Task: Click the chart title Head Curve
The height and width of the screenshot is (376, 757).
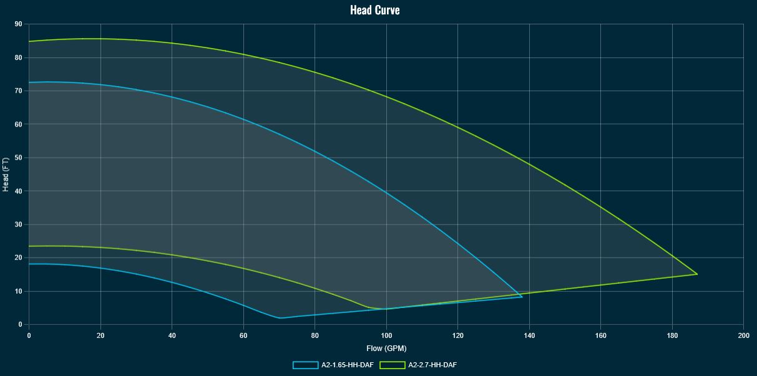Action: pos(375,10)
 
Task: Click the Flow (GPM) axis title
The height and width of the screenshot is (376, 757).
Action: pos(386,349)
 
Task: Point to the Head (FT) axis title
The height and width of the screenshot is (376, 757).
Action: pos(6,175)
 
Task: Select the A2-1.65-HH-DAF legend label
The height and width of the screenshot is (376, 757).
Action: pos(348,365)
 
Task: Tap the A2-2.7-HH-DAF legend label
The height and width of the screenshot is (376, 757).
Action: pos(432,365)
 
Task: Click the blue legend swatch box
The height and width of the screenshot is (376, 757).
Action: pos(306,365)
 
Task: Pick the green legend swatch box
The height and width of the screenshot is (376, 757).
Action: pos(393,365)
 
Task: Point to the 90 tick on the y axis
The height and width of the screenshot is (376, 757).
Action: pos(18,24)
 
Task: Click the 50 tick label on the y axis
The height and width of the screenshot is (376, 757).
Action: pos(18,158)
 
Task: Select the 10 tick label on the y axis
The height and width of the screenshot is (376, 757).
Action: pos(18,291)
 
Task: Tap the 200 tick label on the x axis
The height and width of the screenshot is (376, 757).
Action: pos(743,335)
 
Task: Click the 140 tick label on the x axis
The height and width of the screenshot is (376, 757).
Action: pos(529,335)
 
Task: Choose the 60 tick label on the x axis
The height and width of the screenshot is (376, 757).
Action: pos(243,335)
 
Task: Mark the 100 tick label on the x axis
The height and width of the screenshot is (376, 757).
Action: pos(386,335)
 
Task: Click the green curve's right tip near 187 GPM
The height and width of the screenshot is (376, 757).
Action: pos(697,274)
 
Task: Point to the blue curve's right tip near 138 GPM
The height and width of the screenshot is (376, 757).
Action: pos(522,297)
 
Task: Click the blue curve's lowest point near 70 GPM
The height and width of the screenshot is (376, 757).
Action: pos(280,318)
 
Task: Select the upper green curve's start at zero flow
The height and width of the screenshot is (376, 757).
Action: pos(29,42)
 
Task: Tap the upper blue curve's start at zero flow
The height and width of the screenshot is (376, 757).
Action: pos(29,82)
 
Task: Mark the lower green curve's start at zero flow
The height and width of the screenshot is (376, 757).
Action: pos(29,246)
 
